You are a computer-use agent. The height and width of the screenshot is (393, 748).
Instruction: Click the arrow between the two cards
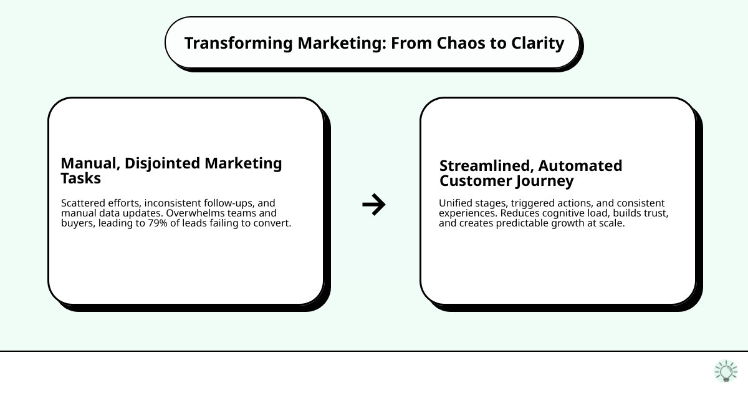click(374, 205)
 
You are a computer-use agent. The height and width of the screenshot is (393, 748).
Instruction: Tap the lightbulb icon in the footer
click(726, 371)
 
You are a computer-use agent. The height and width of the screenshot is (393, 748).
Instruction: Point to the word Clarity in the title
click(535, 44)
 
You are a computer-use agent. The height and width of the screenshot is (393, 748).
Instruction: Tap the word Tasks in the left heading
click(80, 178)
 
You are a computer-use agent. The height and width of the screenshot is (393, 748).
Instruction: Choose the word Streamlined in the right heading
click(486, 166)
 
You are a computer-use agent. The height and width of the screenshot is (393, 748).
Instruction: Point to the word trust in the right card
click(655, 213)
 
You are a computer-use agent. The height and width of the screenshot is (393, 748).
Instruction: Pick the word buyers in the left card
click(77, 223)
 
